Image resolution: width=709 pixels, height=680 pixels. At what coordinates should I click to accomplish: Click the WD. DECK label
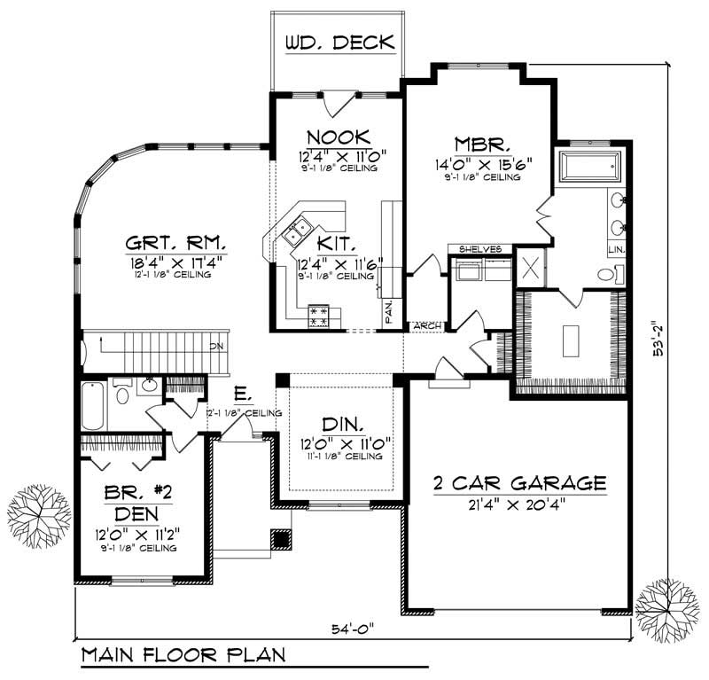click(x=339, y=43)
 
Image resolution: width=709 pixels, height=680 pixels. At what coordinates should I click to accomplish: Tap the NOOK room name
click(x=338, y=137)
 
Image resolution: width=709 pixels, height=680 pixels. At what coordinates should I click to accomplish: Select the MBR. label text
click(x=482, y=144)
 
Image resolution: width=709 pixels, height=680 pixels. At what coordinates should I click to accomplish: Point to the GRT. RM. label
click(x=175, y=241)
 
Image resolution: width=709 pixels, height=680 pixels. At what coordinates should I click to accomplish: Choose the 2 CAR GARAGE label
click(x=519, y=484)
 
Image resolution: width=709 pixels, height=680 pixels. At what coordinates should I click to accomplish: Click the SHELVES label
click(x=480, y=249)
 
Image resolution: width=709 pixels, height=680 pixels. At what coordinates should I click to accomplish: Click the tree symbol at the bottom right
click(x=666, y=606)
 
